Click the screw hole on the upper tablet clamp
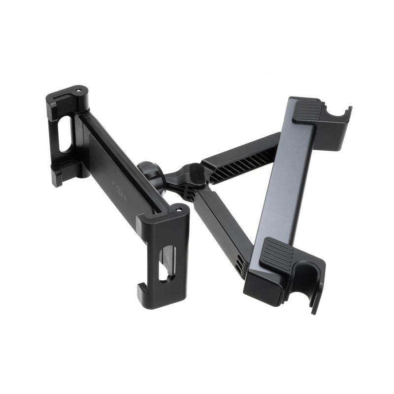pos(78,91)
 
